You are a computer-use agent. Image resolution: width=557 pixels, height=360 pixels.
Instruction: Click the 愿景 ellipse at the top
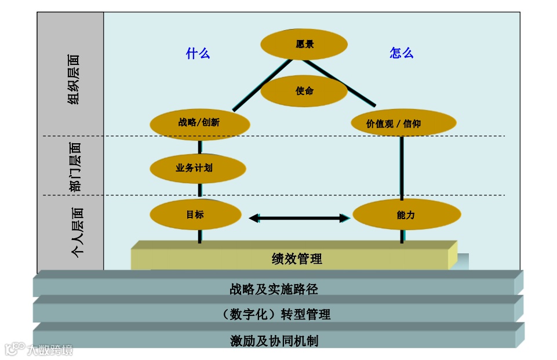304,45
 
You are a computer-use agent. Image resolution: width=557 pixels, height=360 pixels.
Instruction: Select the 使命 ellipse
304,91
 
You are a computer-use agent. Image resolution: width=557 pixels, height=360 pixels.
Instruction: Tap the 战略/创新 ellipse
199,123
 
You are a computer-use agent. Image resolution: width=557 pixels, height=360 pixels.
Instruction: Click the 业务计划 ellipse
198,168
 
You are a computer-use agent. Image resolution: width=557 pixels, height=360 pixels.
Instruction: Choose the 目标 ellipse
195,214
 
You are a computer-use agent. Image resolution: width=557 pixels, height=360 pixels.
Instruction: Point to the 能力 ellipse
406,215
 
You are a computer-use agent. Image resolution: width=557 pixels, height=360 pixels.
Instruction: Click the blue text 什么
198,53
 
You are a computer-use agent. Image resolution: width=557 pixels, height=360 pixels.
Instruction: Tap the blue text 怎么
401,53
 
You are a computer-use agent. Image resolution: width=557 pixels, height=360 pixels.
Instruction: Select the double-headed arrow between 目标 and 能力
299,218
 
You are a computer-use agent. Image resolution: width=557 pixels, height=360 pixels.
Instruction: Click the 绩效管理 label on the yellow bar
297,259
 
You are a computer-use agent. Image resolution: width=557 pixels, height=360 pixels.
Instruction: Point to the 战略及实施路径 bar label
274,288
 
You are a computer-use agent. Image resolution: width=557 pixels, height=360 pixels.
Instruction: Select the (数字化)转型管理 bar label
277,314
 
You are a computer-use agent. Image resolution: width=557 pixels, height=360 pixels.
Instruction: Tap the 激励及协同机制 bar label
274,340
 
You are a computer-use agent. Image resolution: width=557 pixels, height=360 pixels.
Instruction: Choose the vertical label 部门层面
75,167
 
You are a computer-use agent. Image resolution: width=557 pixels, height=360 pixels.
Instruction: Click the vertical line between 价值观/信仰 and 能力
401,168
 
